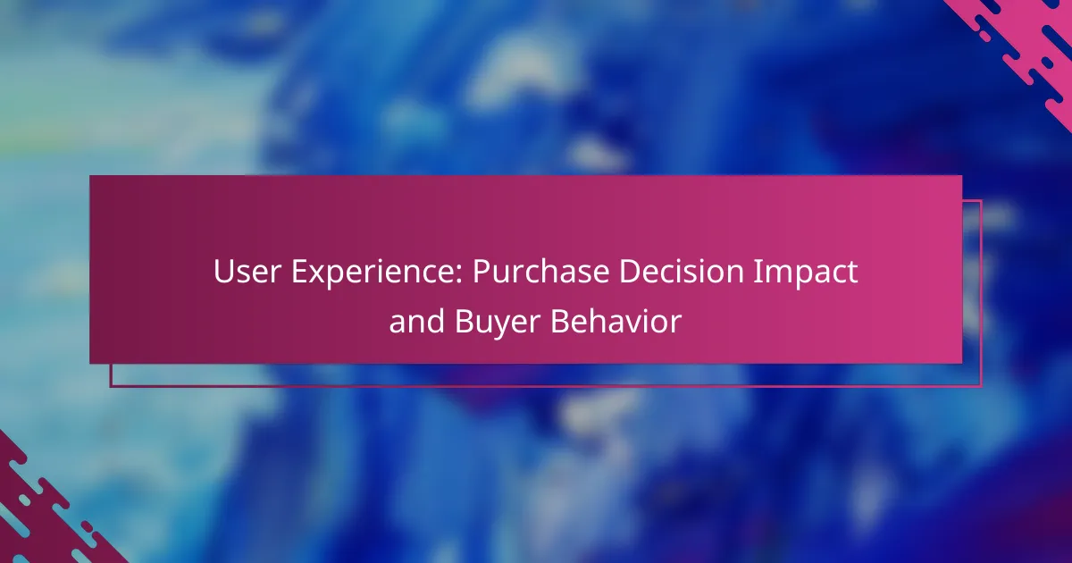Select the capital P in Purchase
click(480, 273)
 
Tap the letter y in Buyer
click(507, 325)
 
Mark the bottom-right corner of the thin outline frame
click(981, 386)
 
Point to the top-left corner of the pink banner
click(90, 176)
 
